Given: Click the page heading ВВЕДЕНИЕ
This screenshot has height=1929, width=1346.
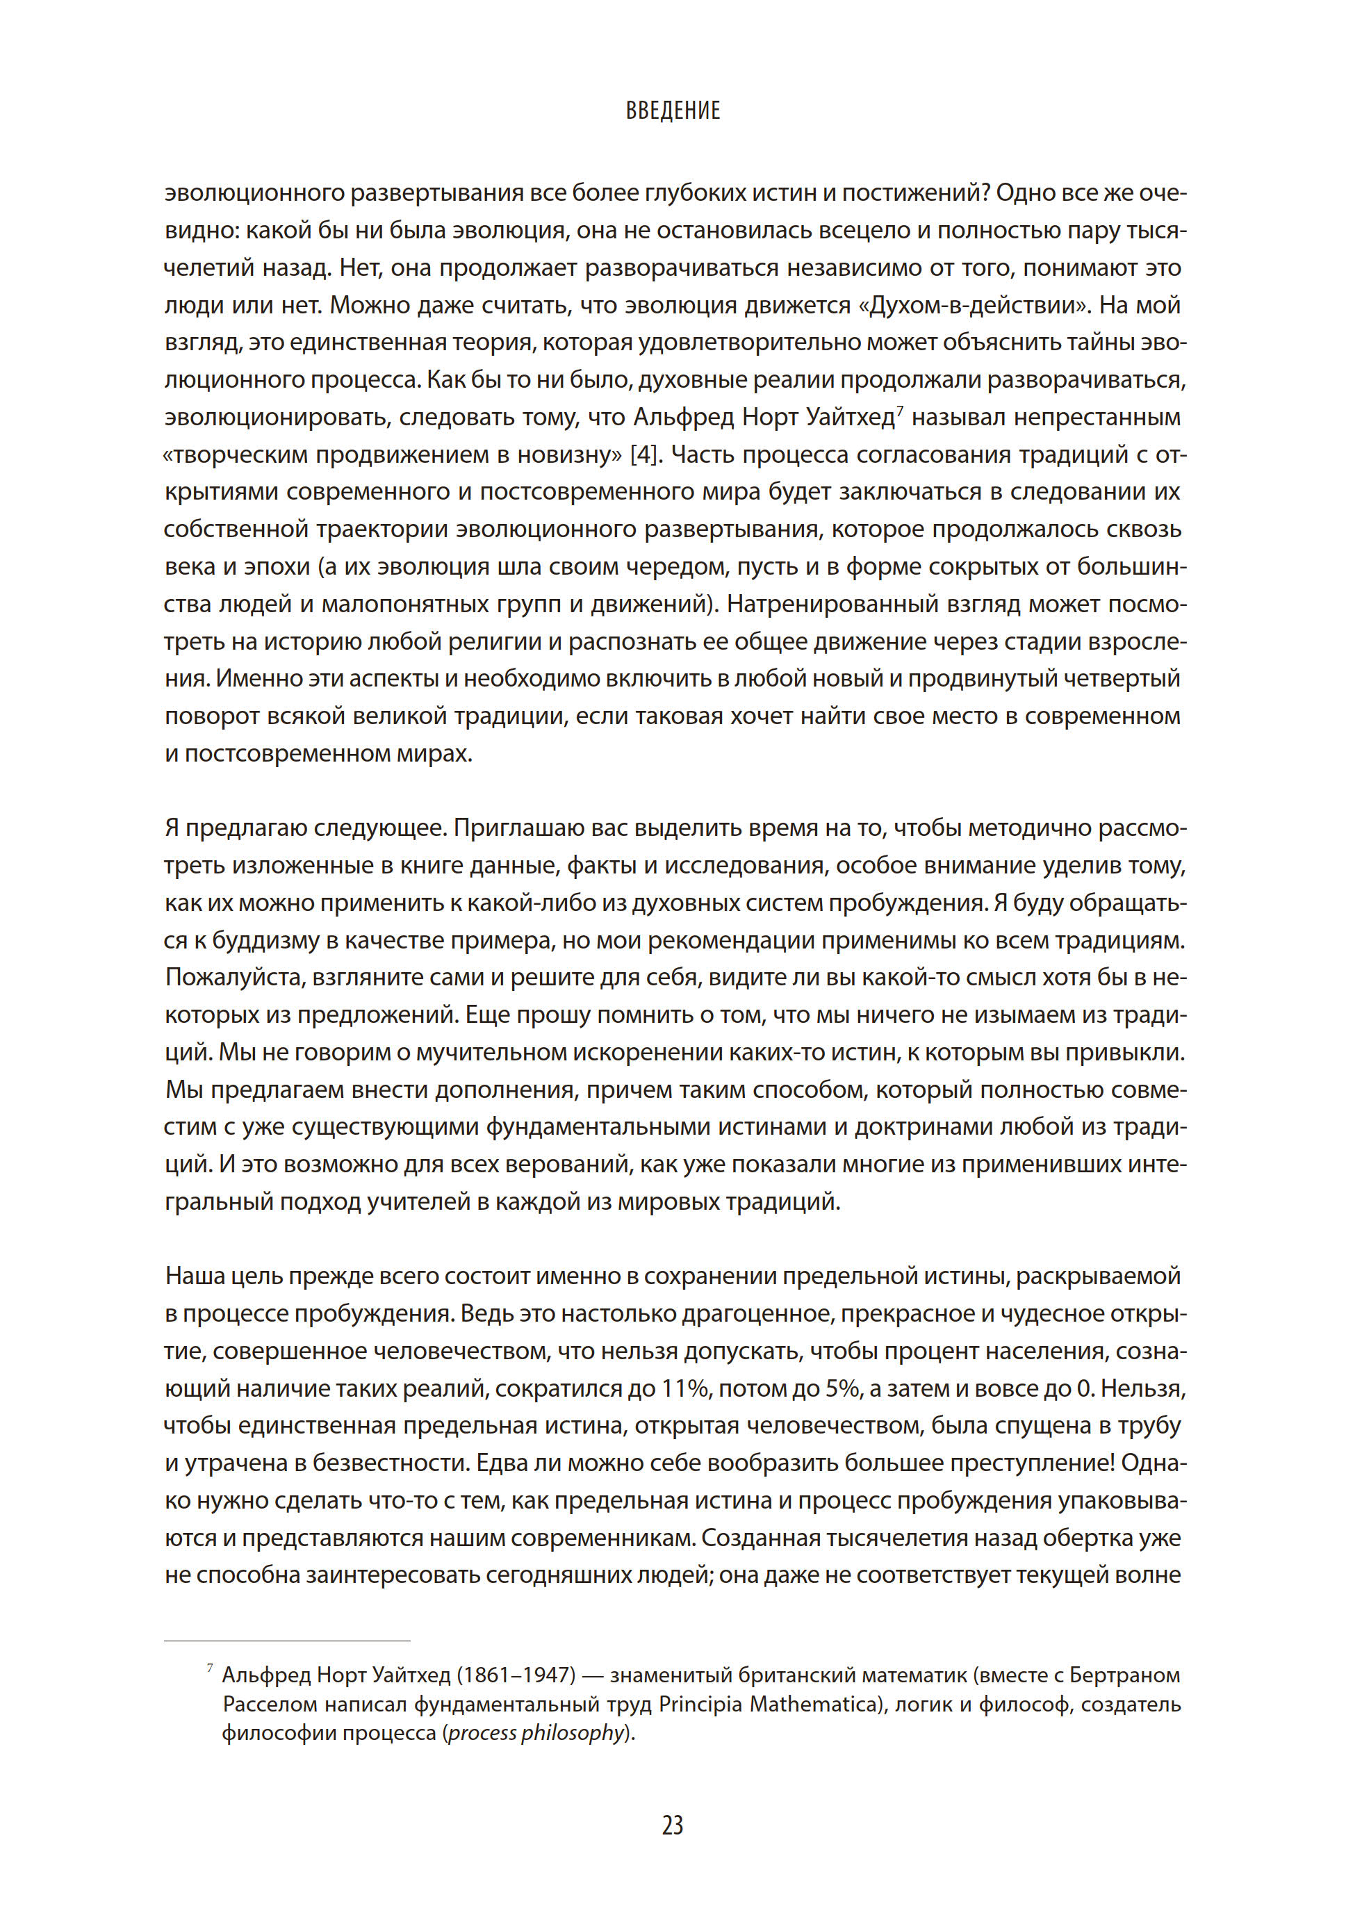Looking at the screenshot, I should point(672,111).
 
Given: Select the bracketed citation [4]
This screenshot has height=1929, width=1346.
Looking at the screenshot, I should point(643,454).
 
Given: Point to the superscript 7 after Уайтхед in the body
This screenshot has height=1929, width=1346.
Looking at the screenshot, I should point(900,410).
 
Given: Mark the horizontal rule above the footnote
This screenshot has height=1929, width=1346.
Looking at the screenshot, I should point(286,1641).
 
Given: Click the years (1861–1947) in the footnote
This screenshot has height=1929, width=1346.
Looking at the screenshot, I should point(516,1675).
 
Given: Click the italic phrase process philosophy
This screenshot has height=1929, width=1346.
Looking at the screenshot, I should point(537,1732).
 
